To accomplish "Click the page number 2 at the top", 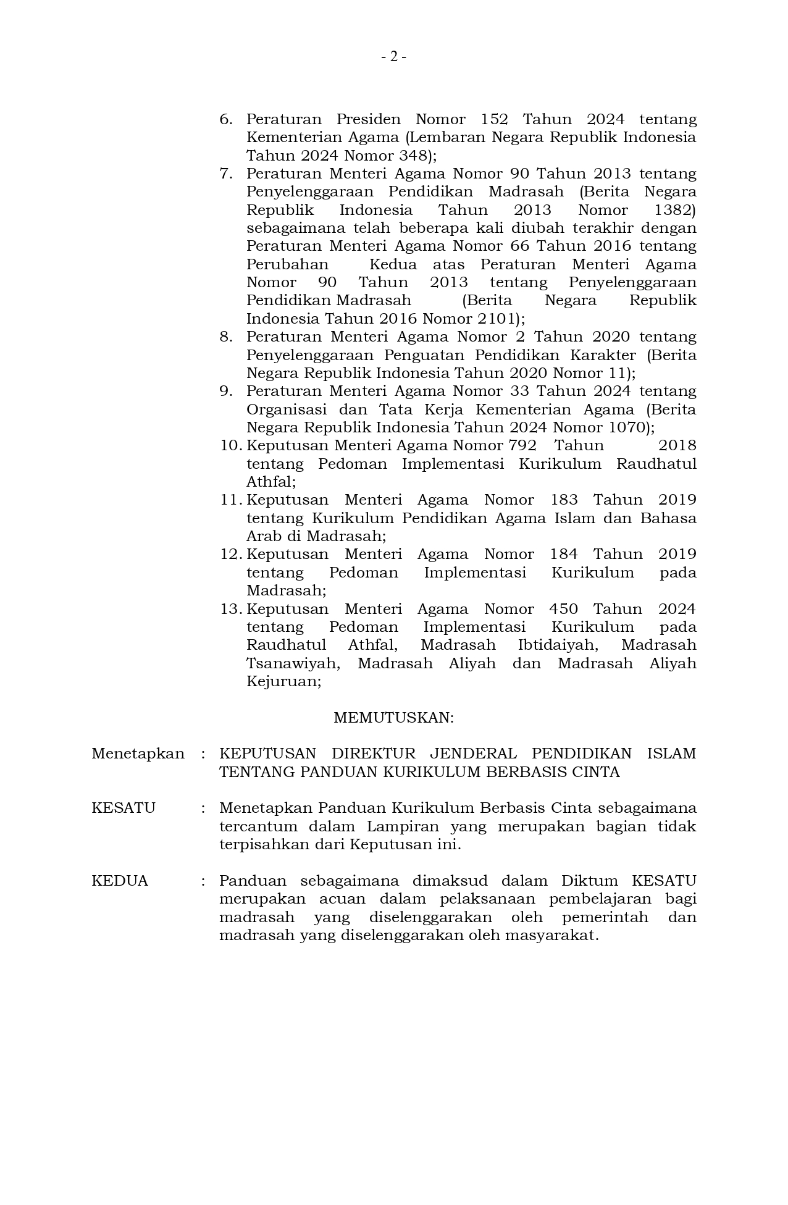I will point(393,57).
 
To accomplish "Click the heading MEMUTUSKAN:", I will point(393,718).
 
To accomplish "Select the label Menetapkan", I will point(138,754).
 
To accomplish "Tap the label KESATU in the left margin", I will point(124,808).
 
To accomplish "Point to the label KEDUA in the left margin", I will point(120,881).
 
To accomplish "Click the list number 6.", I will point(226,119).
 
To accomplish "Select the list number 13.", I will point(230,609).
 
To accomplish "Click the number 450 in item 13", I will point(563,609).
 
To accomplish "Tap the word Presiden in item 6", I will point(368,119).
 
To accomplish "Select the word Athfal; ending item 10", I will point(271,482).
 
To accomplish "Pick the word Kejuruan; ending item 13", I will point(283,682).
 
